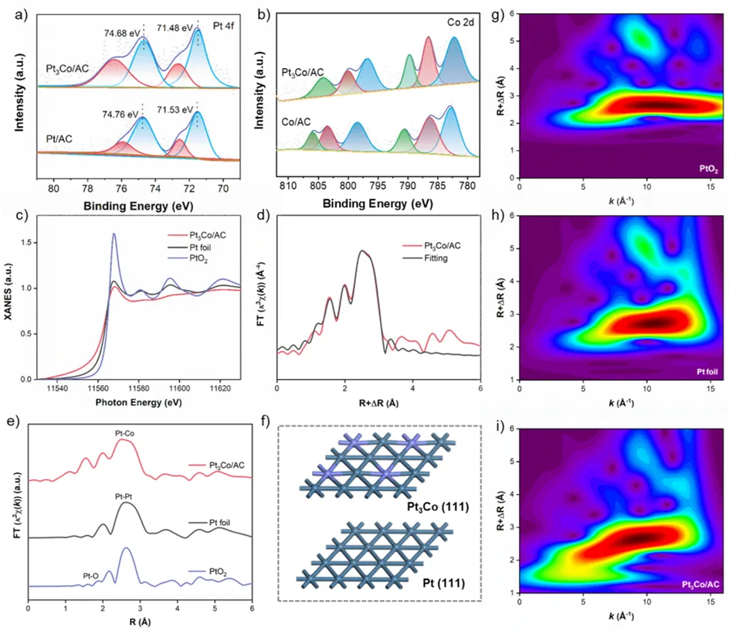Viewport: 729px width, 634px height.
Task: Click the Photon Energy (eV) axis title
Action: point(137,402)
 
